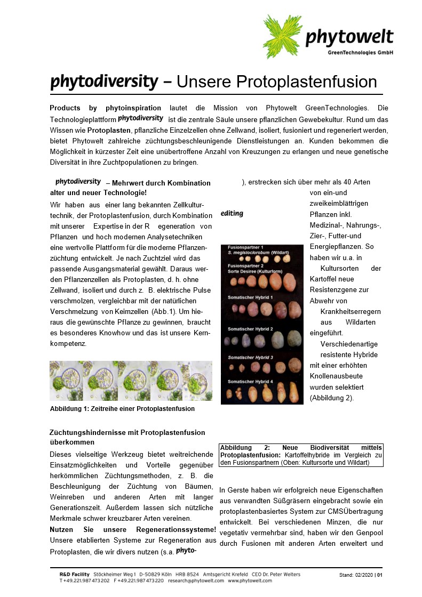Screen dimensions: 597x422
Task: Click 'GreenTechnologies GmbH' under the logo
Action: pos(360,52)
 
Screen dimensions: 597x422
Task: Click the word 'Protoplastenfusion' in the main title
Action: pos(276,82)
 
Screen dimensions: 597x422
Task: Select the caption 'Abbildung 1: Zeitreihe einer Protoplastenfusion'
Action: pos(122,409)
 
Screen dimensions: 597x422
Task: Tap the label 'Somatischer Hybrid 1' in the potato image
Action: pos(250,297)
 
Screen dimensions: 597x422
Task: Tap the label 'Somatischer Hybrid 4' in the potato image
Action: pos(250,382)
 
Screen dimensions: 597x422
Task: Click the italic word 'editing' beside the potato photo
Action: pos(232,214)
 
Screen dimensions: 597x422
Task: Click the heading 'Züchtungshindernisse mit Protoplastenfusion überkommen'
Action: pos(127,437)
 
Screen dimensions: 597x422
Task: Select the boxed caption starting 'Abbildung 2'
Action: pos(301,455)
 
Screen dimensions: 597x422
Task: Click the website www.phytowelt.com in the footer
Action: pos(250,580)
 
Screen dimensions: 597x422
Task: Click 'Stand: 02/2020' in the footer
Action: pos(356,575)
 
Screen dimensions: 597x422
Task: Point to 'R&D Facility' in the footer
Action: pos(74,575)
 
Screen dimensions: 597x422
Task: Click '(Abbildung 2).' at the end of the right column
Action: pos(331,398)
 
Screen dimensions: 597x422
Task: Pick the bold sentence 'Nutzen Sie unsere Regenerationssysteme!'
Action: pos(133,529)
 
